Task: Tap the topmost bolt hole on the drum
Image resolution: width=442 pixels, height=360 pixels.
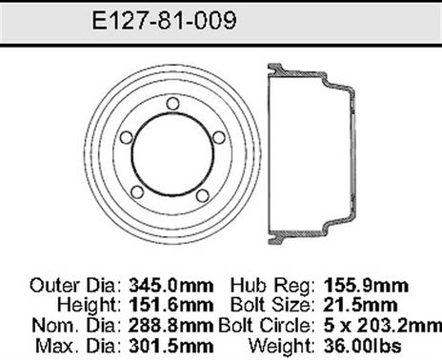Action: [x=171, y=104]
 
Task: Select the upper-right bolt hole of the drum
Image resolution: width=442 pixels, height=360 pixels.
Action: [x=218, y=137]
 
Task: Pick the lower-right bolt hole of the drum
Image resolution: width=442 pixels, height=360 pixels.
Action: [x=201, y=194]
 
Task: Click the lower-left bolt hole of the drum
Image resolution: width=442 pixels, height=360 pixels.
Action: [x=137, y=192]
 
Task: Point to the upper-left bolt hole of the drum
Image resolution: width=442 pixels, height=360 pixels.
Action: [x=125, y=137]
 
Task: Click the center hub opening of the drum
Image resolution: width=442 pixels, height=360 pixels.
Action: [x=171, y=154]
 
